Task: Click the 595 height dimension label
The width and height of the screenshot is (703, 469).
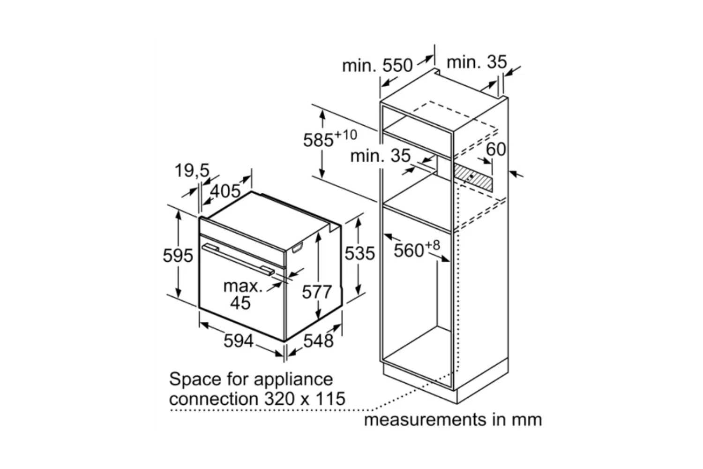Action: pos(178,256)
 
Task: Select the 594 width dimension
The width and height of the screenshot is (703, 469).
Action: pos(238,341)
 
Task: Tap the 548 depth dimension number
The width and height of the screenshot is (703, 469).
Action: pos(318,341)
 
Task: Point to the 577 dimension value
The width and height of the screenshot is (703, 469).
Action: pos(317,292)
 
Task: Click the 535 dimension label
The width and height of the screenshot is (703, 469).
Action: pos(359,253)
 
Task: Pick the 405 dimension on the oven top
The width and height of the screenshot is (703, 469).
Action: pos(225,191)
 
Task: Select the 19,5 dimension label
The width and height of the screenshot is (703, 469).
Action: pos(192,171)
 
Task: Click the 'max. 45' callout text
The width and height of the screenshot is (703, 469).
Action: pos(242,295)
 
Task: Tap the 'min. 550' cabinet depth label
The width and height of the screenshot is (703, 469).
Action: pos(377,66)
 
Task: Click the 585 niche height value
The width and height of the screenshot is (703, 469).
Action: pos(318,140)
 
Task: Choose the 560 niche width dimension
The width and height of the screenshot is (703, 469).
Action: pos(409,250)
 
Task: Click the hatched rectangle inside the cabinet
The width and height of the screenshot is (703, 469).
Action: pos(473,178)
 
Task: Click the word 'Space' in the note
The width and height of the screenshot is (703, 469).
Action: pos(196,379)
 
